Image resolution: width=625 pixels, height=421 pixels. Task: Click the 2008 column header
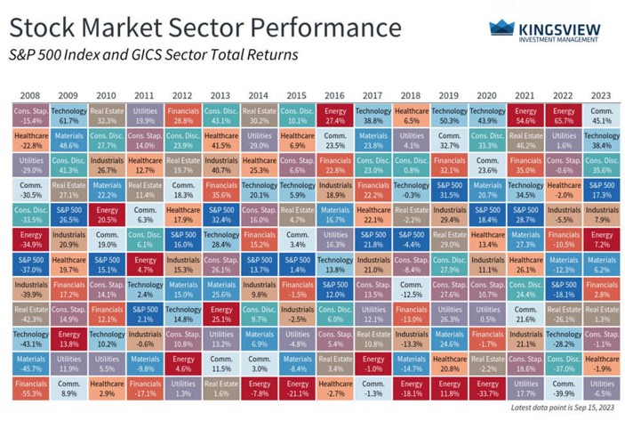pos(29,94)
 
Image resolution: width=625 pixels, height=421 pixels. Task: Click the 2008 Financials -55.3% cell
pos(29,387)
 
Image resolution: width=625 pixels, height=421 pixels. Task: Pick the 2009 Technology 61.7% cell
pos(68,115)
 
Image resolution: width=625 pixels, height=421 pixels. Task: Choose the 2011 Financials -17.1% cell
pos(143,387)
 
